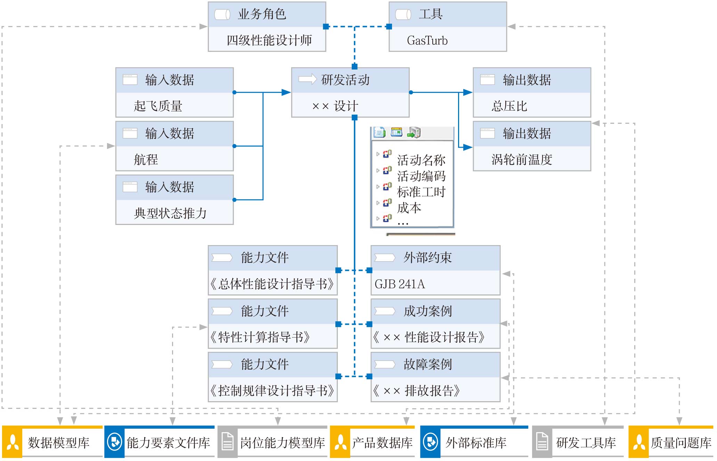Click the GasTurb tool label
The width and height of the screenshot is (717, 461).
coord(427,40)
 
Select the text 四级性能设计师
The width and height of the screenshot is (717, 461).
coord(269,40)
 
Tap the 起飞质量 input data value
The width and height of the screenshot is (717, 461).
coord(158,106)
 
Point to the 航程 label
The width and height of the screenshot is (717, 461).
coord(146,160)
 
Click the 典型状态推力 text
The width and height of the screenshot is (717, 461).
coord(170,213)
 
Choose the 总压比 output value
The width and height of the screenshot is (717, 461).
coord(509,106)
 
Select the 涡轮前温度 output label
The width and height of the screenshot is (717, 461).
coord(522,160)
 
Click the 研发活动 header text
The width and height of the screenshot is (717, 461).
coord(345,80)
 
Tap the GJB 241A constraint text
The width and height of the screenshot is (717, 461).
coord(400,284)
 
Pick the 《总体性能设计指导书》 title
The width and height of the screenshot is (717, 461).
coord(272,284)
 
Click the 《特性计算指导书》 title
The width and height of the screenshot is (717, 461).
coord(260,337)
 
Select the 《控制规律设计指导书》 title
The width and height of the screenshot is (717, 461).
coord(272,391)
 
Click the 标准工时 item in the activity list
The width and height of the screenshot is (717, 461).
coord(421,192)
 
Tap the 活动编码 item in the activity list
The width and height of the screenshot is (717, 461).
coord(421,176)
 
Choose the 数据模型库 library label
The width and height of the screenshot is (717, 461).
coord(58,443)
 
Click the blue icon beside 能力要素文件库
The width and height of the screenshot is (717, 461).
coord(114,442)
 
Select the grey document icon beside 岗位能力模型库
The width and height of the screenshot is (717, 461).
coord(228,442)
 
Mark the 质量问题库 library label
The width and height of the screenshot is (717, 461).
coord(681,443)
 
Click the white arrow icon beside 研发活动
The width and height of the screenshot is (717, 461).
coord(307,79)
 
